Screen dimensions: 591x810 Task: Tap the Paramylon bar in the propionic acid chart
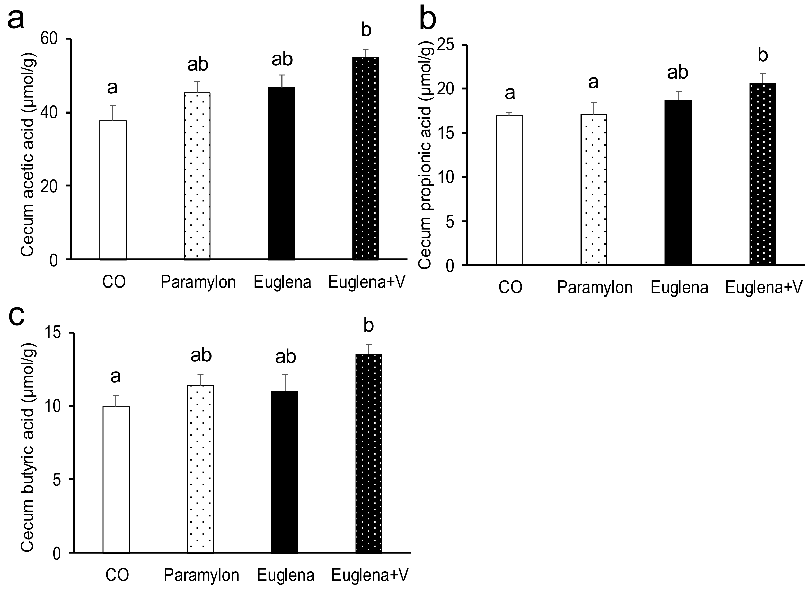(x=594, y=190)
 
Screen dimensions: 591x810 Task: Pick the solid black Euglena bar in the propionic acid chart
(x=678, y=182)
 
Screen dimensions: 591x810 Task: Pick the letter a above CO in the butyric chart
(x=115, y=376)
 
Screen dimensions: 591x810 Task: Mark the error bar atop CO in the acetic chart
(x=113, y=113)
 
